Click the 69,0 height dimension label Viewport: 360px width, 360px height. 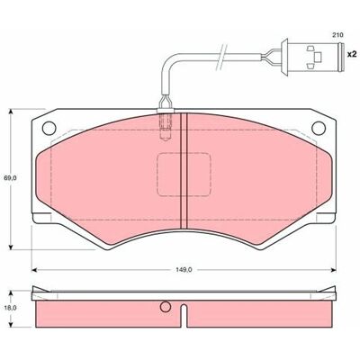[10, 178]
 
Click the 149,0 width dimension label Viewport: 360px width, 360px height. [184, 270]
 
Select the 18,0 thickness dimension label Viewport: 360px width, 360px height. [10, 308]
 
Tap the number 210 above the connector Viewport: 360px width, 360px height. [337, 35]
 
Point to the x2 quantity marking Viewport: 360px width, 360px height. [351, 54]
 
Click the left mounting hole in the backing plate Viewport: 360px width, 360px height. [49, 128]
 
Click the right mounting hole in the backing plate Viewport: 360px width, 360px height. [319, 128]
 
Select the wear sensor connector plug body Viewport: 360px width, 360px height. [312, 56]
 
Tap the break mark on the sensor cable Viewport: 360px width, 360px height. [221, 56]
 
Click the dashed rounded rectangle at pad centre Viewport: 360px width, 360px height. [184, 175]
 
